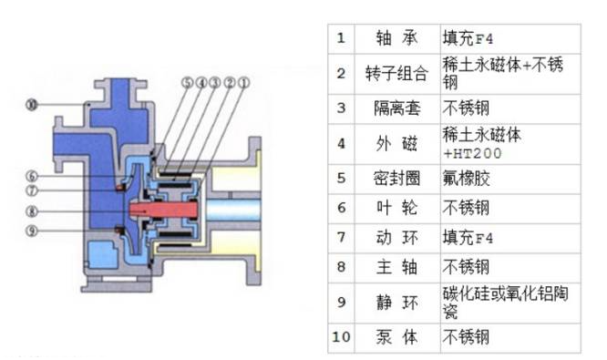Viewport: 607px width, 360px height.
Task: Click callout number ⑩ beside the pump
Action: pyautogui.click(x=32, y=105)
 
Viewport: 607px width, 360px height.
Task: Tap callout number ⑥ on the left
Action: pyautogui.click(x=32, y=177)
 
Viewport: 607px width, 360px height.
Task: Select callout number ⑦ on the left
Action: pyautogui.click(x=32, y=190)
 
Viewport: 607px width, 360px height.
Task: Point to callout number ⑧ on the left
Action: pyautogui.click(x=32, y=211)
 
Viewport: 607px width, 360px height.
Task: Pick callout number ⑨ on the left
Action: pyautogui.click(x=32, y=231)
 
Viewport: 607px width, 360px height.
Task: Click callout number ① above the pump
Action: pyautogui.click(x=244, y=82)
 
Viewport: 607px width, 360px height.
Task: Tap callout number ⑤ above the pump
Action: pyautogui.click(x=187, y=82)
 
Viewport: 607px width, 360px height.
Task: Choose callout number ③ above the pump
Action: pyautogui.click(x=215, y=82)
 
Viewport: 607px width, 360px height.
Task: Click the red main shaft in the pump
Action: pyautogui.click(x=163, y=211)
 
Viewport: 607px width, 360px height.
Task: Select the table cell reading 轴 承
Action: pyautogui.click(x=396, y=38)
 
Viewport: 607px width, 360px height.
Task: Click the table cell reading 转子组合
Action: pyautogui.click(x=396, y=74)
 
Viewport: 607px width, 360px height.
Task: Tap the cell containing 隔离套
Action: pyautogui.click(x=396, y=108)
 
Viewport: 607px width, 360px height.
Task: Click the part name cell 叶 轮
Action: pyautogui.click(x=396, y=208)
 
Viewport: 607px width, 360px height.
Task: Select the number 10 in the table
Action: pyautogui.click(x=341, y=337)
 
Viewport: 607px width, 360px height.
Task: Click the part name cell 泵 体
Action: pyautogui.click(x=396, y=337)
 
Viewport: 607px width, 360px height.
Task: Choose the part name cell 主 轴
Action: pyautogui.click(x=396, y=267)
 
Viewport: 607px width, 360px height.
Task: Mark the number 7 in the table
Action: pyautogui.click(x=341, y=237)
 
